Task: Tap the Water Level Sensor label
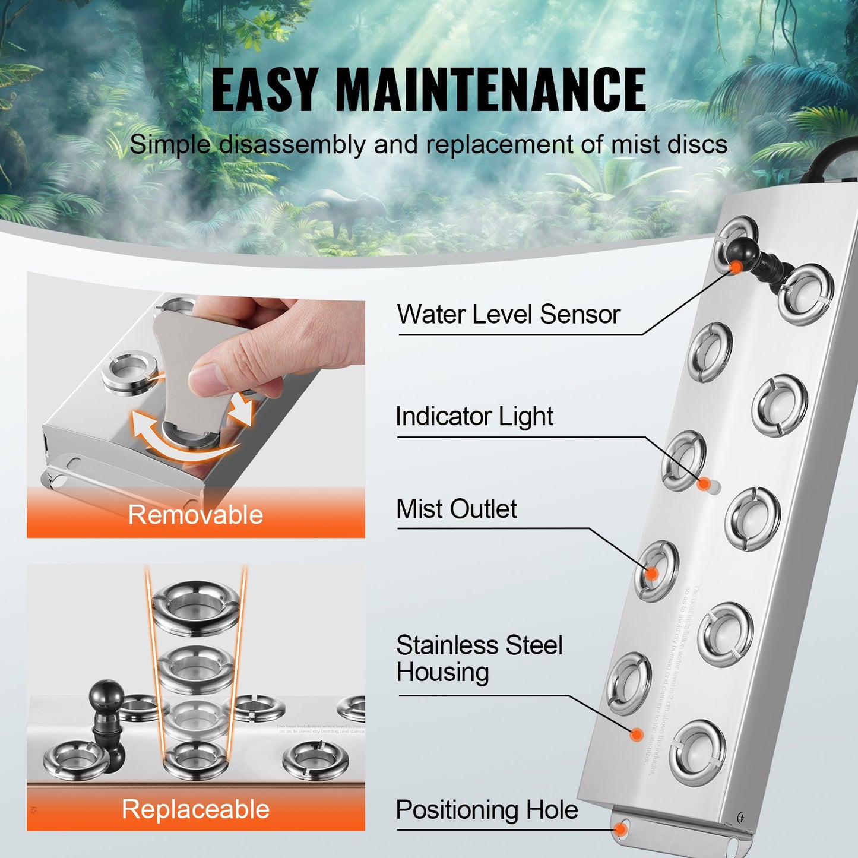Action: pyautogui.click(x=508, y=314)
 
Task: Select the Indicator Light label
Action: pyautogui.click(x=474, y=416)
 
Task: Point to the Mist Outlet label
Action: pyautogui.click(x=456, y=509)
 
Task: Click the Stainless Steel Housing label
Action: pyautogui.click(x=479, y=658)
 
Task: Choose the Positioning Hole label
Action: pyautogui.click(x=486, y=810)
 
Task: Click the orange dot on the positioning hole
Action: pyautogui.click(x=621, y=829)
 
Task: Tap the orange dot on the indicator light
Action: pyautogui.click(x=704, y=484)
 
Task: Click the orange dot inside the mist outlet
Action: pyautogui.click(x=651, y=574)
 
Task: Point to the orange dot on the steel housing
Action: pyautogui.click(x=637, y=735)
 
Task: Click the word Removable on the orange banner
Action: pyautogui.click(x=195, y=515)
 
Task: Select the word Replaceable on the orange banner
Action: pyautogui.click(x=195, y=809)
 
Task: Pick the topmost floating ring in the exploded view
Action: pyautogui.click(x=196, y=603)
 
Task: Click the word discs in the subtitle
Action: pyautogui.click(x=697, y=144)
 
